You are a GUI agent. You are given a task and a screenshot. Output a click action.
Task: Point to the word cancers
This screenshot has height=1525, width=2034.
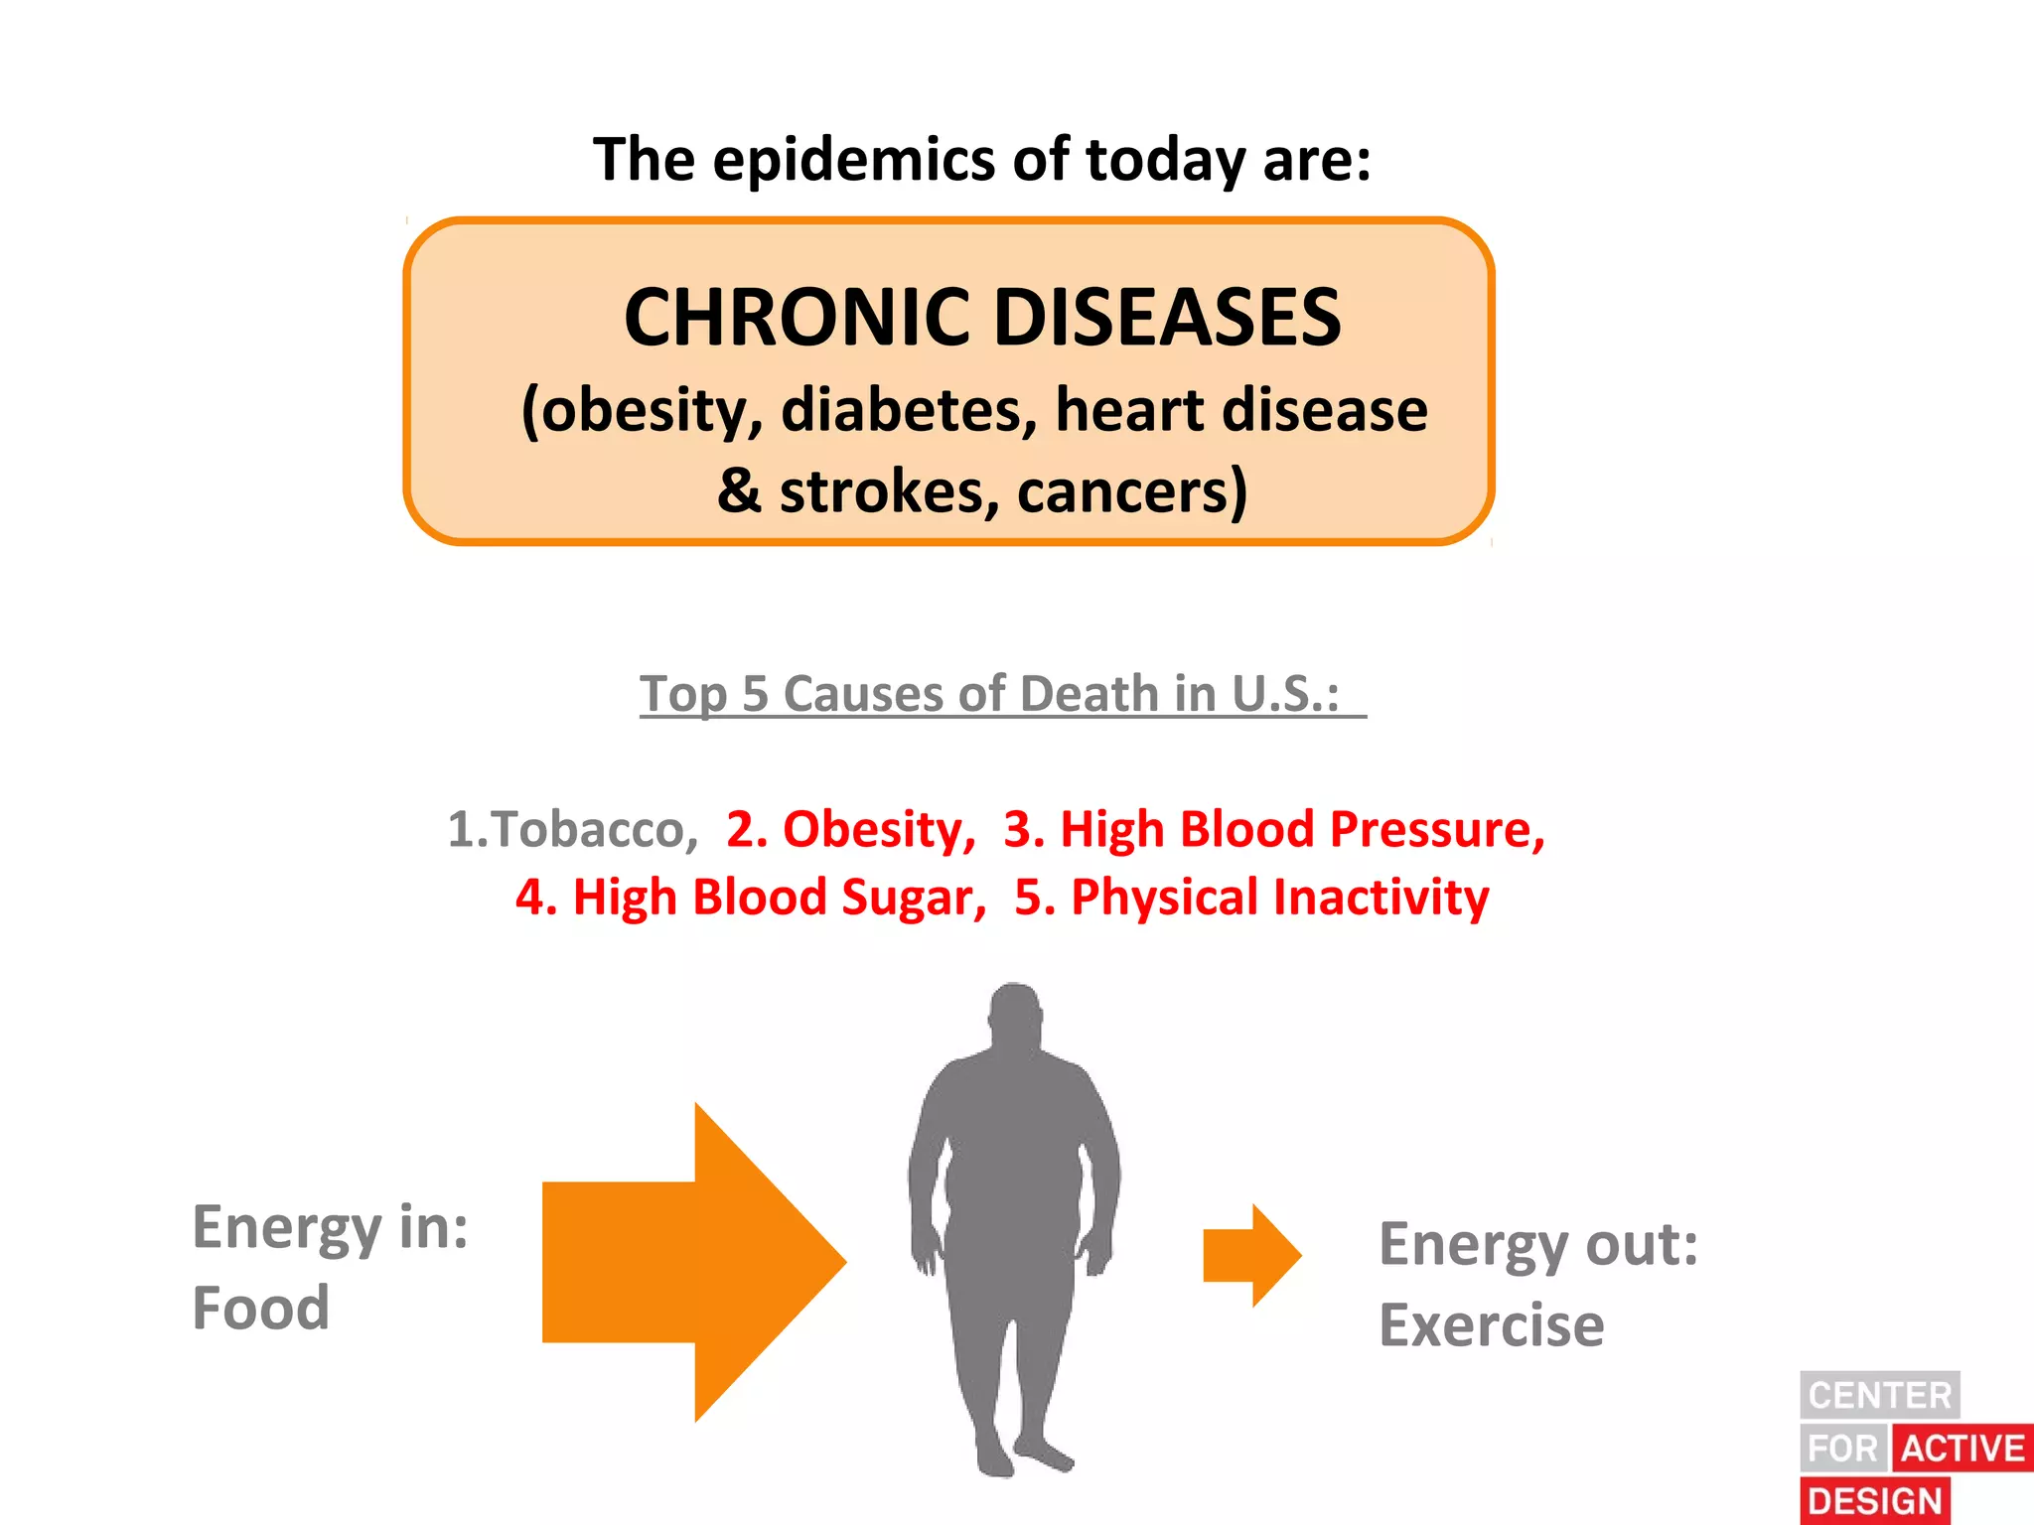pos(1131,491)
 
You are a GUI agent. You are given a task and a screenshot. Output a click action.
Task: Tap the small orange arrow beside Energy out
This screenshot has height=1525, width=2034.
pos(1251,1255)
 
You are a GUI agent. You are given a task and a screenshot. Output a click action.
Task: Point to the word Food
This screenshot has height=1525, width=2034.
pos(261,1308)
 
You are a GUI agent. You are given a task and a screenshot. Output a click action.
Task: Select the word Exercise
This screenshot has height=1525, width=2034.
pos(1491,1325)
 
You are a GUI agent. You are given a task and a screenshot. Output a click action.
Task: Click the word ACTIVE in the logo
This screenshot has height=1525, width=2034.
pos(1962,1449)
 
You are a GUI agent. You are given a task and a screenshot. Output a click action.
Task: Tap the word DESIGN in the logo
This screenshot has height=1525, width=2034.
pos(1874,1501)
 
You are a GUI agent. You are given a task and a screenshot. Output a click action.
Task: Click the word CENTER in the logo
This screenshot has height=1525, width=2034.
pos(1879,1395)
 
